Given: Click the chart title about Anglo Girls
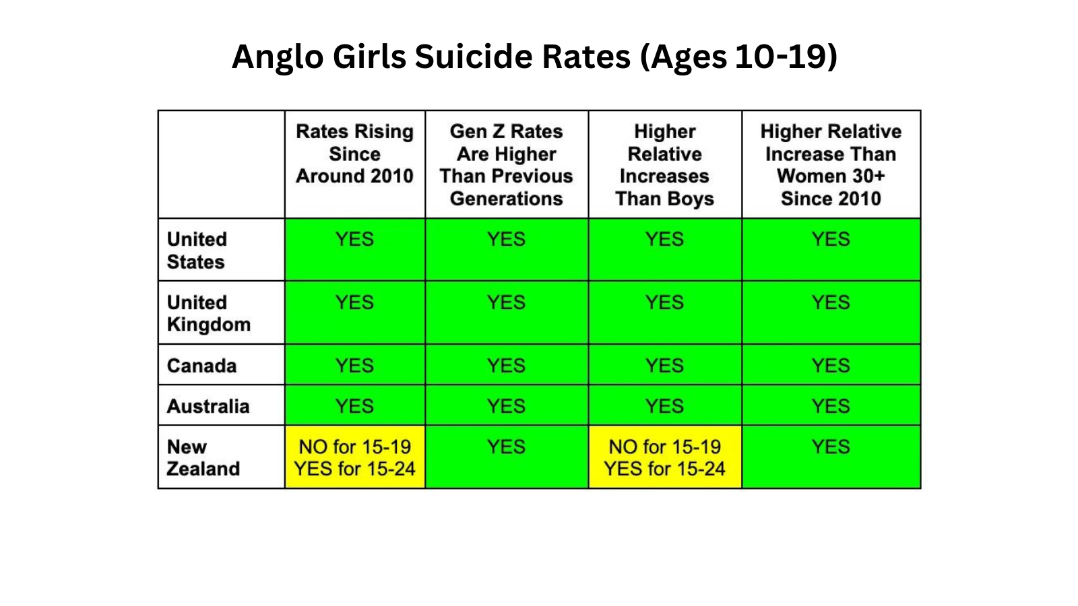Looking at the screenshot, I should tap(534, 56).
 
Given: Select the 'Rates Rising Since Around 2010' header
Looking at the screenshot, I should tap(354, 154).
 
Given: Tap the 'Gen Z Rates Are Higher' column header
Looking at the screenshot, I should tap(506, 165).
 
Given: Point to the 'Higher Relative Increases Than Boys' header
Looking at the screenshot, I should tap(664, 165).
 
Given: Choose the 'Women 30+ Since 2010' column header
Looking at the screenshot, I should tap(831, 165).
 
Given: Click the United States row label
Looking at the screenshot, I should tap(197, 250).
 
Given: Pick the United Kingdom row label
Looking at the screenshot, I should tap(208, 313).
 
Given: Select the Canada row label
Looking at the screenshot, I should tap(201, 366).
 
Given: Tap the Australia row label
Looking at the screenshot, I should tap(208, 406).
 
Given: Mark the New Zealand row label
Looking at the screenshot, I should tap(203, 458).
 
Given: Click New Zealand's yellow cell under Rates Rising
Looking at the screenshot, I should tap(354, 458).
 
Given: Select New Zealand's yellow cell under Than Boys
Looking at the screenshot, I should tap(664, 458).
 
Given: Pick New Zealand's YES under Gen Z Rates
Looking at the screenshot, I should tap(506, 447).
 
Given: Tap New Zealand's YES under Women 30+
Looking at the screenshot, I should tap(831, 447).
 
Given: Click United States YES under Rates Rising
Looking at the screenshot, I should tap(354, 240).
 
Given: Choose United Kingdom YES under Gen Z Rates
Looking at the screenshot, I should tap(506, 303).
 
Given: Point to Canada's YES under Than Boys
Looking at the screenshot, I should tap(664, 366).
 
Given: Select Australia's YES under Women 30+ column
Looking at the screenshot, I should tap(831, 406).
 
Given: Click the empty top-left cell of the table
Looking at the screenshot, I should tap(221, 164).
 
